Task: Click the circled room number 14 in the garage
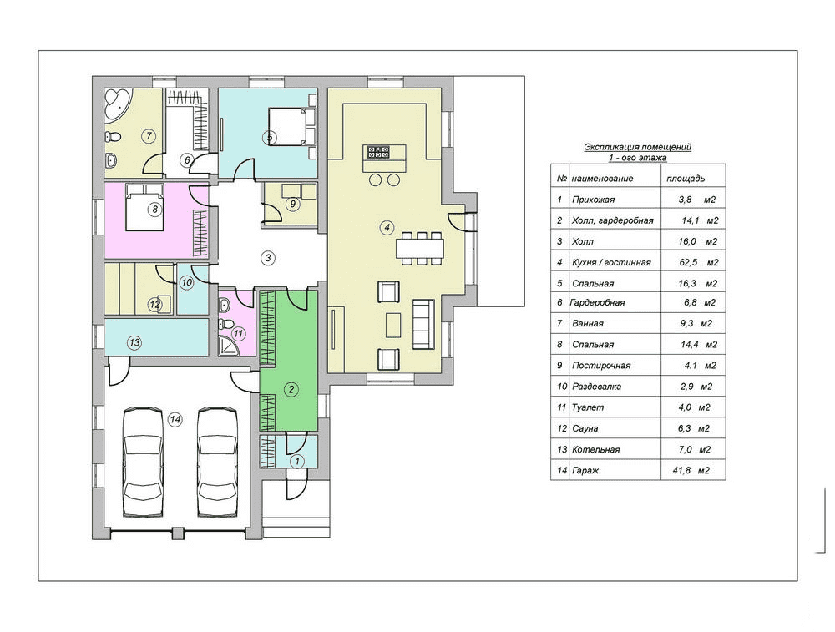(x=175, y=420)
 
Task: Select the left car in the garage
(x=142, y=462)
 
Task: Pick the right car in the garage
(x=217, y=462)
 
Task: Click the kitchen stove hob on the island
(x=377, y=152)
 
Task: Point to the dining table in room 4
(x=420, y=248)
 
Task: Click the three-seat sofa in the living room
(x=424, y=324)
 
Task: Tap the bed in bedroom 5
(x=288, y=126)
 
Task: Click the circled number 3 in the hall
(x=268, y=258)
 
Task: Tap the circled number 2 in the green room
(x=291, y=389)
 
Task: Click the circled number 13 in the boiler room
(x=134, y=342)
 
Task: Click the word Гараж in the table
(x=584, y=471)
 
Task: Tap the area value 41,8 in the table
(x=685, y=471)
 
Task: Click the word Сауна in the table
(x=584, y=428)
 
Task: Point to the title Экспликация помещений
(x=637, y=147)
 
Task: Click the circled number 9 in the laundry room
(x=291, y=204)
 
